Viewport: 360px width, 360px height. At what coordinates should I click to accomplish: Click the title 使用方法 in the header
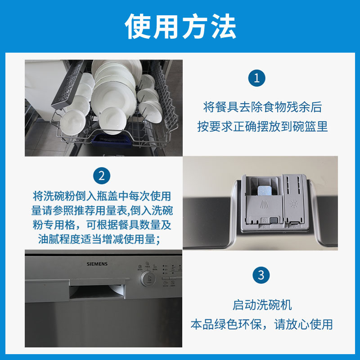[180, 26]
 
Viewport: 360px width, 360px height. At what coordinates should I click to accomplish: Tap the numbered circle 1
[257, 78]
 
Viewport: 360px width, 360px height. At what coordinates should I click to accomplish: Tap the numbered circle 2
[101, 175]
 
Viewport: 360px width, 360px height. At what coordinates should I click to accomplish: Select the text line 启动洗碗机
[262, 305]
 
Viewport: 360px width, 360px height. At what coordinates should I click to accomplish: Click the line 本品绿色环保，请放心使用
[262, 324]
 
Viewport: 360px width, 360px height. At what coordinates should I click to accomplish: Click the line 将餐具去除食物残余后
[262, 107]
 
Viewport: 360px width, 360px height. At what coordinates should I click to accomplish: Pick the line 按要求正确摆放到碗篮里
[262, 126]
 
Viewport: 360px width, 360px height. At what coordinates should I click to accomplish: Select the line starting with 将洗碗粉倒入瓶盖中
[102, 197]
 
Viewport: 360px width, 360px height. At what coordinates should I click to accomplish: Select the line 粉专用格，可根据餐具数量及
[102, 225]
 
